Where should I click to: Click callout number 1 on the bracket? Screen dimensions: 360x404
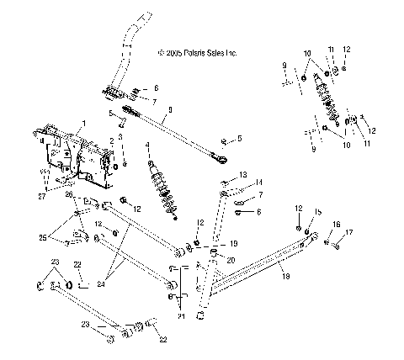point(82,124)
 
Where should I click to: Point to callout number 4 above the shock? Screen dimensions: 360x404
point(149,146)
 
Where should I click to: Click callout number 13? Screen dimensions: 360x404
point(243,174)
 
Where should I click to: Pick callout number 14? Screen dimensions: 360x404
point(259,182)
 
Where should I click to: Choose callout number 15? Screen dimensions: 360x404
point(318,211)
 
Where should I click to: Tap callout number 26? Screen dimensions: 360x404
point(70,194)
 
